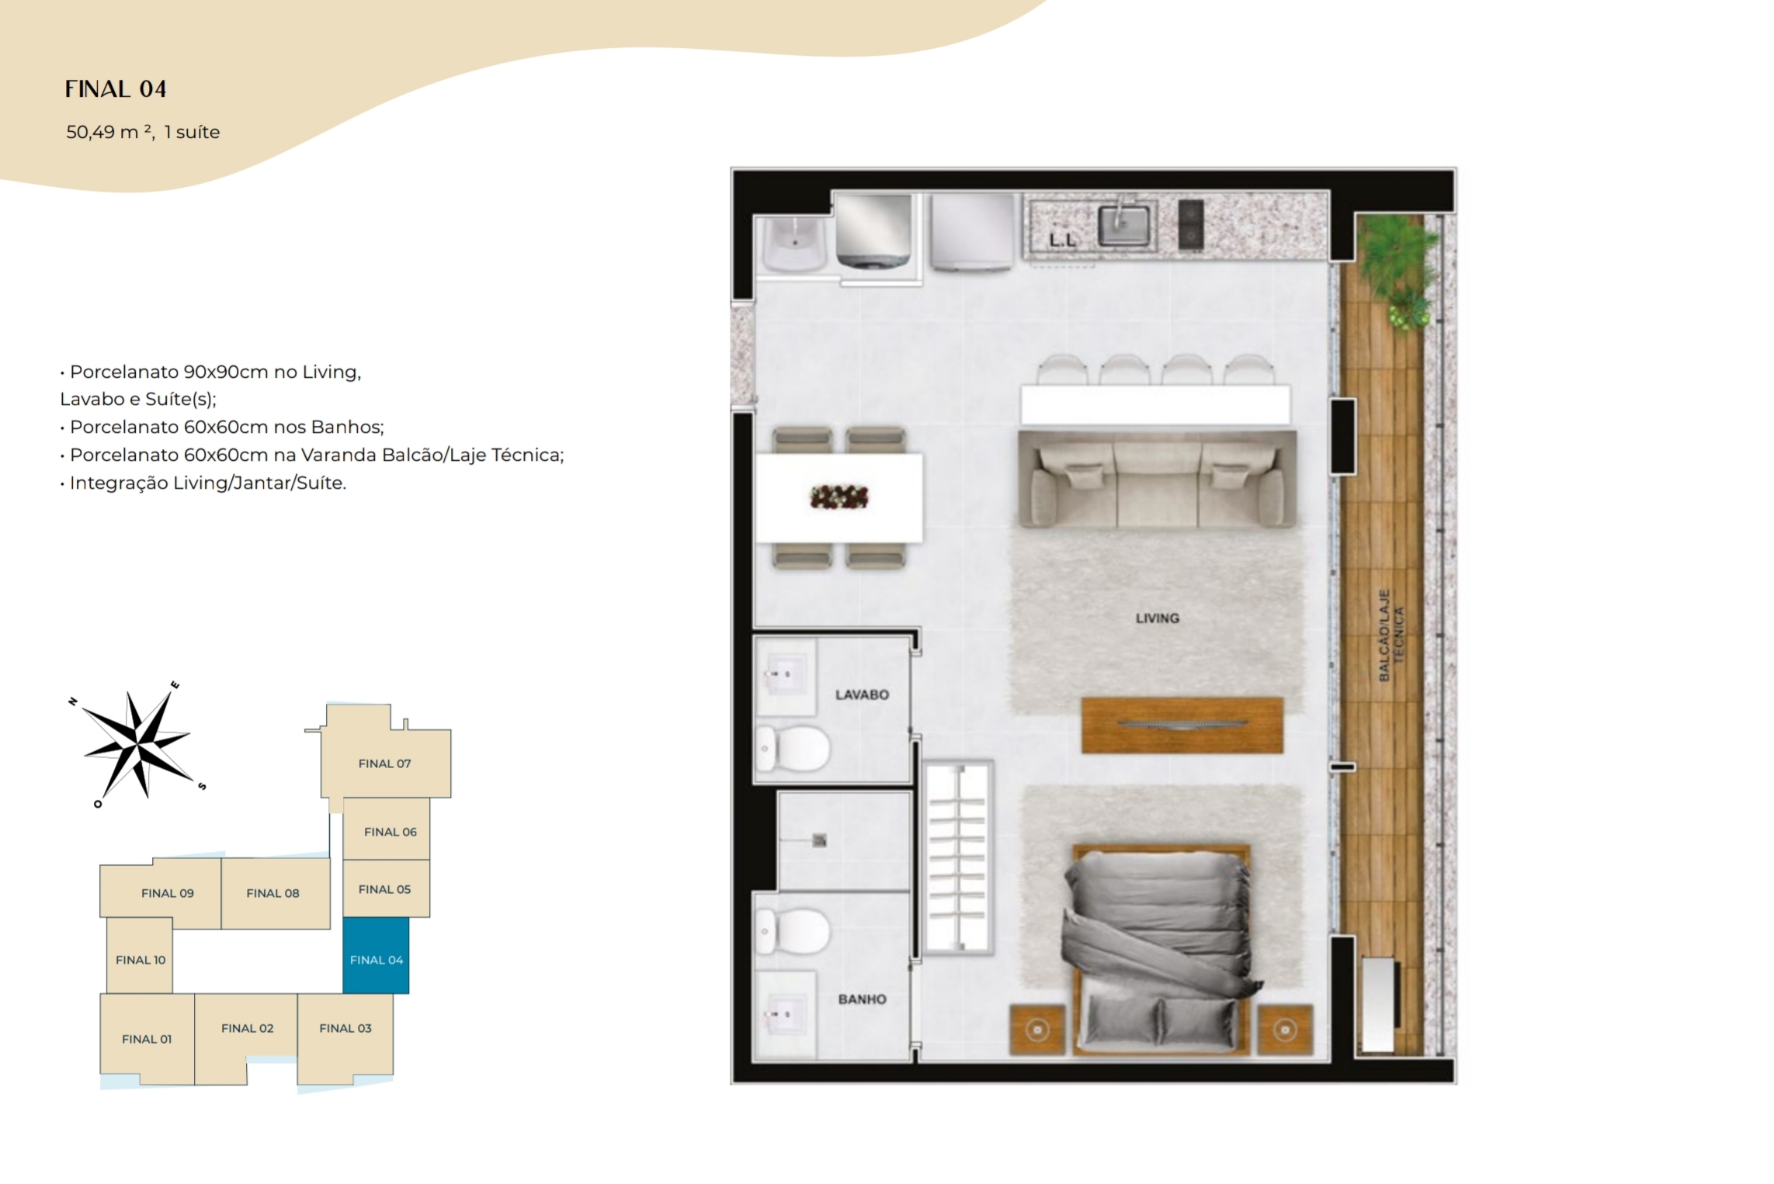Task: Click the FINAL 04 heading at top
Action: tap(116, 89)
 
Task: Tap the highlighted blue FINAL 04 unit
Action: tap(376, 956)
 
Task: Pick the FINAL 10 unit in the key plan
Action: tap(140, 956)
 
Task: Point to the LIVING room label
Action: tap(1157, 618)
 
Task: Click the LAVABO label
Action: tap(862, 694)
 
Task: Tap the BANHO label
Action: tap(862, 999)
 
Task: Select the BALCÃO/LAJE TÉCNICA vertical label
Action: tap(1390, 635)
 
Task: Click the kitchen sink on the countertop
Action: tap(1123, 224)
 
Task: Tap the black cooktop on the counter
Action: tap(1190, 225)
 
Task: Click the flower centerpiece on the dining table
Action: tap(838, 497)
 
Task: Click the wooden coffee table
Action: tap(1182, 725)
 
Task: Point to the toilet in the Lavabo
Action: tap(792, 749)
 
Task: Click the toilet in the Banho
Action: tap(792, 931)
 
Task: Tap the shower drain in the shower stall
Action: tap(819, 840)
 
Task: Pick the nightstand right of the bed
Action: tap(1285, 1030)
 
